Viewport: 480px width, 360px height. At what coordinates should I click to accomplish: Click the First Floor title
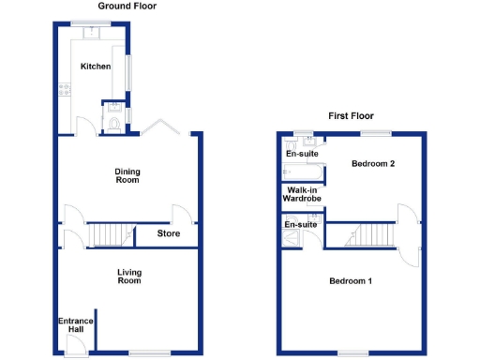tap(351, 116)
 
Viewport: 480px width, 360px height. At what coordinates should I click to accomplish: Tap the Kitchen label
tap(95, 67)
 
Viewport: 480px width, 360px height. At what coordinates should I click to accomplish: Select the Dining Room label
tap(127, 174)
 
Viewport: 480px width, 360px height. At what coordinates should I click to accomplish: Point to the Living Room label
tap(128, 277)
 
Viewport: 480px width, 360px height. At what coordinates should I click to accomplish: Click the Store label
tap(169, 233)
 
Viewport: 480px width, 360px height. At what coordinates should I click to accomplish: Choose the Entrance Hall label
tap(75, 325)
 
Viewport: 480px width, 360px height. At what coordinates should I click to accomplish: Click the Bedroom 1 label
tap(350, 281)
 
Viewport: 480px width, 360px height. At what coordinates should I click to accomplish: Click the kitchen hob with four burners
tap(66, 91)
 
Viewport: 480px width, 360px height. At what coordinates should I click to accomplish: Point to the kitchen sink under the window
tap(93, 34)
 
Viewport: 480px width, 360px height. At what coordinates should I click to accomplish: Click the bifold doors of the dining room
tap(159, 127)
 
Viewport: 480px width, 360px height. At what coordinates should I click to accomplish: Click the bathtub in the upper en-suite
tap(303, 172)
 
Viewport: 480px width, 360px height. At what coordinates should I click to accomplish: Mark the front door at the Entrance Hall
tap(72, 346)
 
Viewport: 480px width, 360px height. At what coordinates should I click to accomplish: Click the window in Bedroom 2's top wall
tap(376, 132)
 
